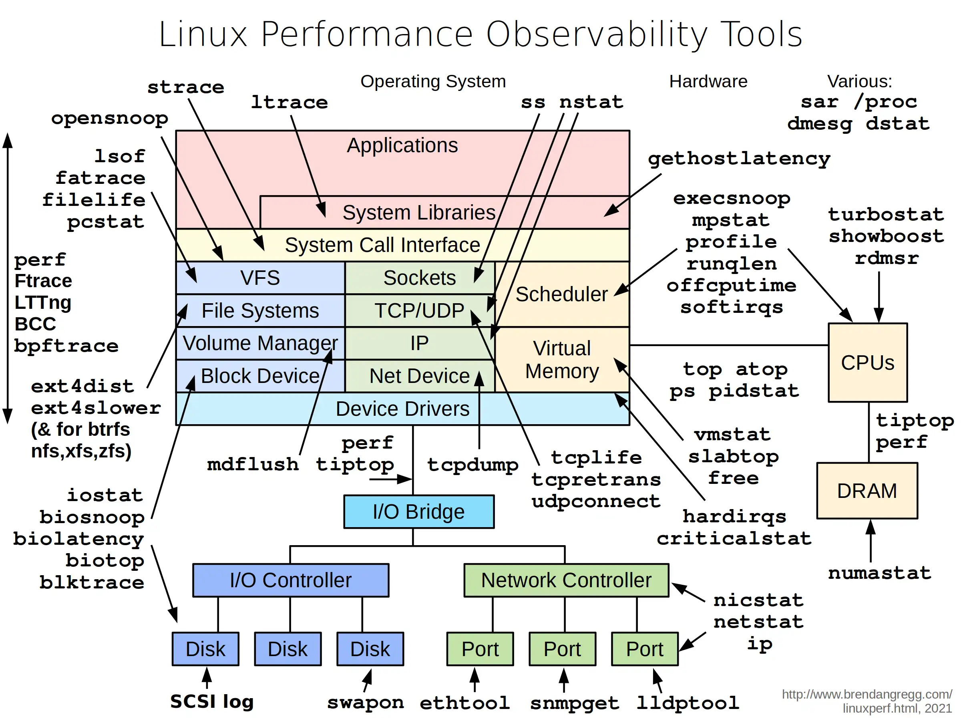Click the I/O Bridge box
tap(418, 512)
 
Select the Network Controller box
tap(566, 580)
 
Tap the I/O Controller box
tap(291, 580)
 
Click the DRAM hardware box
tap(867, 491)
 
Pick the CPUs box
tap(867, 363)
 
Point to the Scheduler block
tap(561, 294)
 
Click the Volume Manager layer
tap(260, 343)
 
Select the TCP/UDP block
tap(419, 311)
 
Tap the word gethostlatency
tap(738, 159)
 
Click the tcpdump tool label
tap(472, 465)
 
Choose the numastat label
tap(879, 573)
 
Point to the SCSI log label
tap(211, 701)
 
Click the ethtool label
tap(464, 703)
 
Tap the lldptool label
tap(687, 703)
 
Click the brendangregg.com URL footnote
tap(867, 701)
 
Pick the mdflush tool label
tap(253, 464)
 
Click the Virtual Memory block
tap(561, 359)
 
